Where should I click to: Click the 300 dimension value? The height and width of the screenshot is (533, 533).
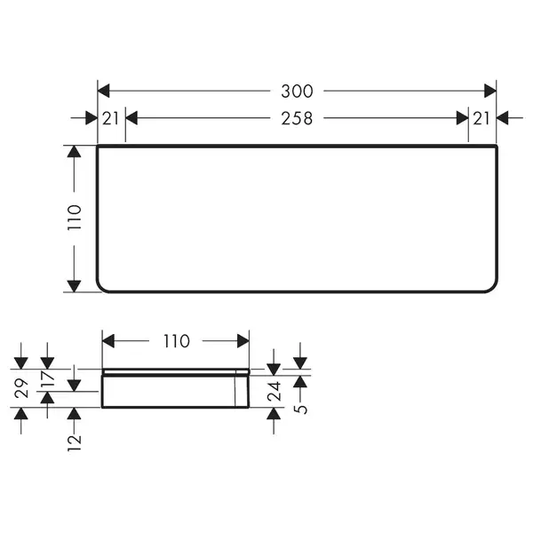[297, 91]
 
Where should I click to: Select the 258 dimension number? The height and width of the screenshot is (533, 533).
[297, 119]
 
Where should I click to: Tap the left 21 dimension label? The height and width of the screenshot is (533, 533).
[110, 119]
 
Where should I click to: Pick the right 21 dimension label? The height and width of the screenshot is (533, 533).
[481, 119]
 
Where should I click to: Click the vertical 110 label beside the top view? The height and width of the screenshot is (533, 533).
[74, 218]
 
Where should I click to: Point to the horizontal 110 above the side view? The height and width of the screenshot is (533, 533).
[176, 341]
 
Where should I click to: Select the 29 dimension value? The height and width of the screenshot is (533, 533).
[21, 388]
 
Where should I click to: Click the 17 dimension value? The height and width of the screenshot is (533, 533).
[47, 379]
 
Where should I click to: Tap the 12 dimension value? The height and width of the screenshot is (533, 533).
[74, 442]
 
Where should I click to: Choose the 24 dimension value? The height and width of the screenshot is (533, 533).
[274, 391]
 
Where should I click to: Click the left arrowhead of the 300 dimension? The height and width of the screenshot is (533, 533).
[104, 91]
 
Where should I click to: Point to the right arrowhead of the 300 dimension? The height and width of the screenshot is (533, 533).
[489, 91]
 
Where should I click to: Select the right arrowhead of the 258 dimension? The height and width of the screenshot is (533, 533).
[462, 118]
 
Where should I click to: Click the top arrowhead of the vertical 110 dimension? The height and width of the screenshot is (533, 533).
[74, 151]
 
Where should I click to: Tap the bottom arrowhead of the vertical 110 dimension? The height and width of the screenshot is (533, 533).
[74, 286]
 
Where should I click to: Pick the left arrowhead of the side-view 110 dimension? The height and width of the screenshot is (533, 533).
[108, 341]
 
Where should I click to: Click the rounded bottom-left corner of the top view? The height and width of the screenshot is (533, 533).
[101, 287]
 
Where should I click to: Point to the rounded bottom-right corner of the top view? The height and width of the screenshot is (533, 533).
[494, 287]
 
